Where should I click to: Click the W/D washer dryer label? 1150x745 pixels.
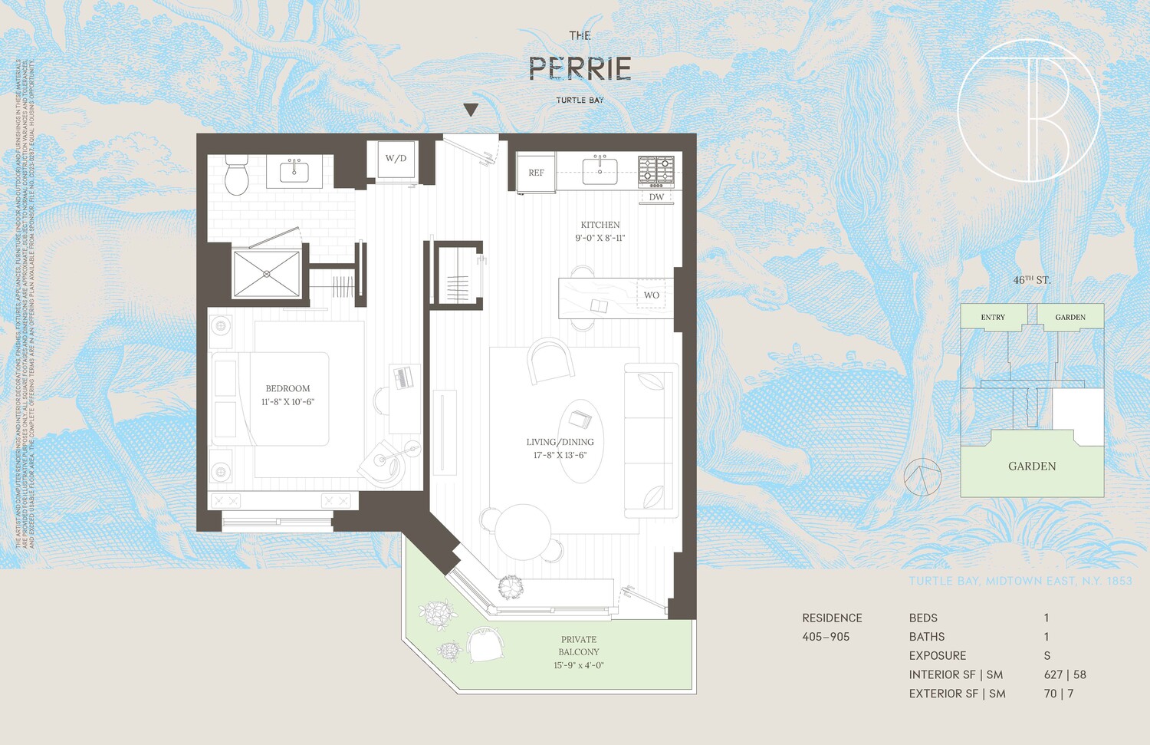pos(396,159)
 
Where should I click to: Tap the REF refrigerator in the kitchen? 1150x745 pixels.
pos(536,173)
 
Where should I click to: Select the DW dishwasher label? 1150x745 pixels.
pos(656,197)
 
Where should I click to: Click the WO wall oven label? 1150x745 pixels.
pos(651,295)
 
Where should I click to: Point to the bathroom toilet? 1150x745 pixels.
pos(236,176)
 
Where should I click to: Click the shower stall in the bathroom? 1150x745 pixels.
pos(266,273)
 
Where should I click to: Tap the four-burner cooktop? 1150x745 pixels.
pos(656,171)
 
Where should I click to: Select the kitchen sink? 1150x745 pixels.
pos(600,170)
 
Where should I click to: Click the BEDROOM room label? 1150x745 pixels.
pos(287,389)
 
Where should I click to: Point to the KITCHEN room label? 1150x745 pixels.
pos(600,225)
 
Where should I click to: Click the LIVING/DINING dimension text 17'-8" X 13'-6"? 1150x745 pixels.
pos(560,455)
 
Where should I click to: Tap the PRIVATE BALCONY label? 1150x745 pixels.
pos(579,645)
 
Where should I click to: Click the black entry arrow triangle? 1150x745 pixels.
pos(471,110)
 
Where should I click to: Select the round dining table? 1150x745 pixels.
pos(523,531)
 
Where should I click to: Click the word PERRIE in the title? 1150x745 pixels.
pos(580,69)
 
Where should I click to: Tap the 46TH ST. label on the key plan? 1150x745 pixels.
pos(1031,280)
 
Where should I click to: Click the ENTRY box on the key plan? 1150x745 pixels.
pos(993,317)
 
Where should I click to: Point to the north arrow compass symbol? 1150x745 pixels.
pos(922,477)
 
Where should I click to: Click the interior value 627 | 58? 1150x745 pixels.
pos(1064,674)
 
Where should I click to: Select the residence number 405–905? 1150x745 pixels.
pos(826,637)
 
